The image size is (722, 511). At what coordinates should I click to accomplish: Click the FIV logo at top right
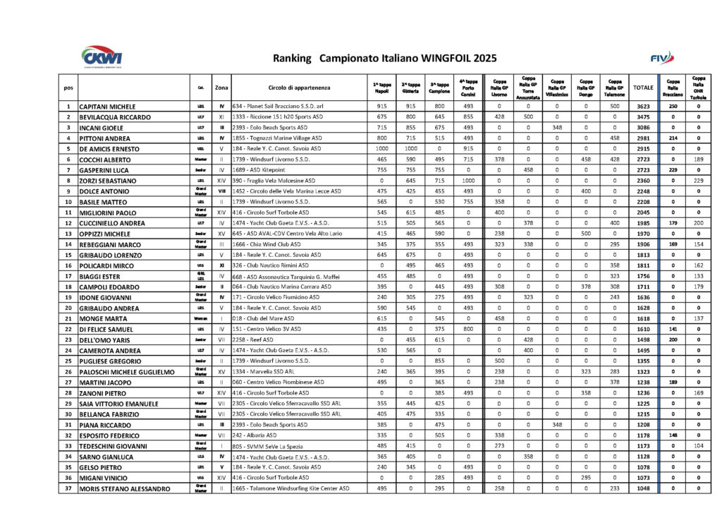(662, 57)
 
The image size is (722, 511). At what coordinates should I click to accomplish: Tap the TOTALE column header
(643, 88)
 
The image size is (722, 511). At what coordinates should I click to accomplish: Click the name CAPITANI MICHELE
(107, 107)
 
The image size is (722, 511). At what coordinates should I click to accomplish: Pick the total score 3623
(643, 107)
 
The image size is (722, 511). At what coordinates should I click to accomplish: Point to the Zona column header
(221, 88)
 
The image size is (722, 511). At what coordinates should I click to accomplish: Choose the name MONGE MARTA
(103, 319)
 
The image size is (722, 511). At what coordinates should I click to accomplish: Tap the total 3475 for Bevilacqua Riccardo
(643, 117)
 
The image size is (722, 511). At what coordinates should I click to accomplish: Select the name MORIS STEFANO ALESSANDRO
(124, 489)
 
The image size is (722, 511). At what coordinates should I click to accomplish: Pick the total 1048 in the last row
(643, 488)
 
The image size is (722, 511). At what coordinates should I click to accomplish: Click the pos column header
(68, 88)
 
